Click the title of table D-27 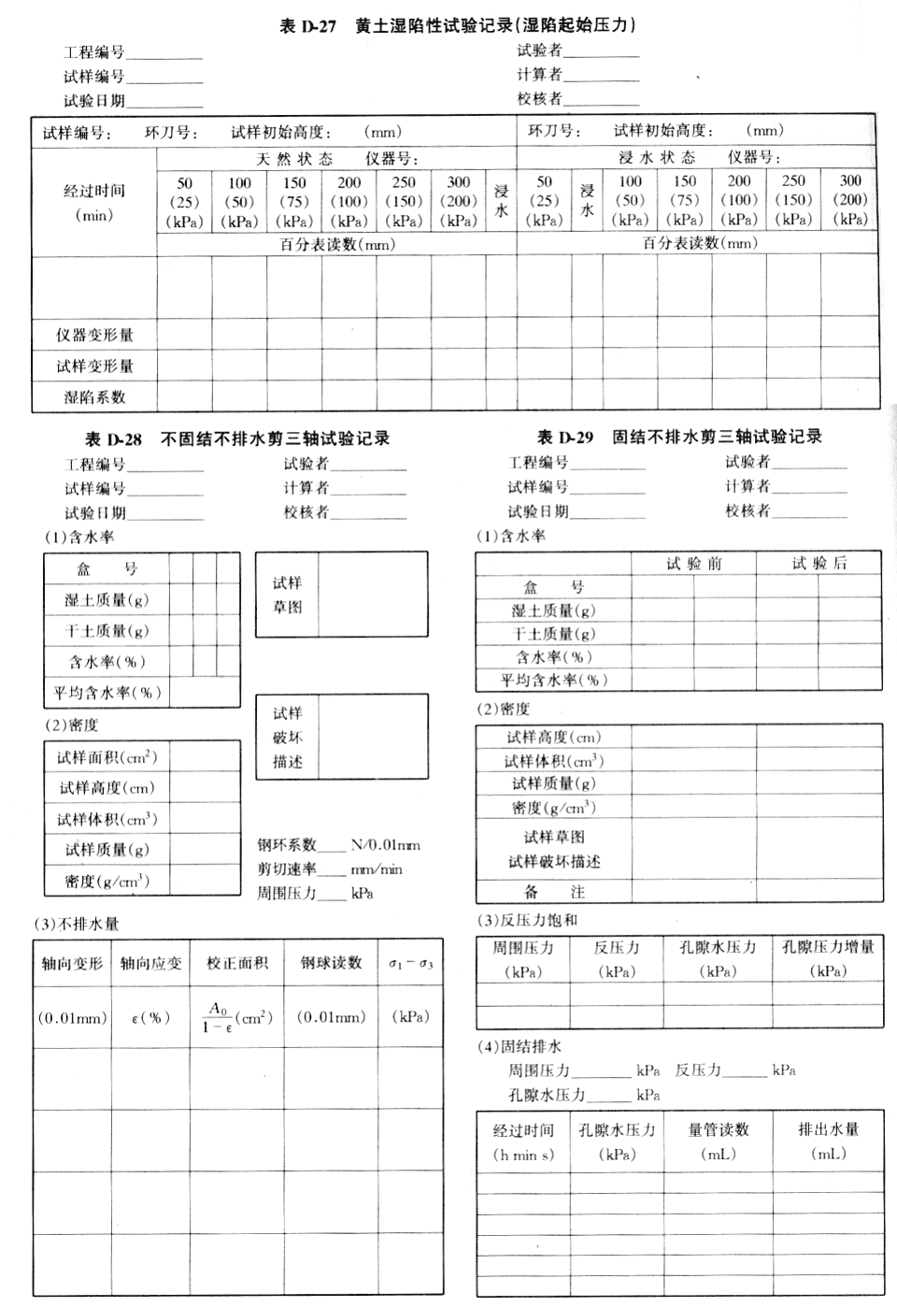(x=458, y=25)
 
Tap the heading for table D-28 (x=237, y=438)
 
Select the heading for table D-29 (x=679, y=437)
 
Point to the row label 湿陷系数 (x=94, y=396)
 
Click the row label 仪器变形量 (x=94, y=335)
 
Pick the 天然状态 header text (x=294, y=159)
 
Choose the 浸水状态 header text (x=657, y=157)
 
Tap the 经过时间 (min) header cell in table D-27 (x=94, y=202)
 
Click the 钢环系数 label (x=287, y=844)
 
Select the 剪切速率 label (x=287, y=869)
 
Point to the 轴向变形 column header (x=72, y=963)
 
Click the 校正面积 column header (x=237, y=963)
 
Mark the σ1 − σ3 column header (x=411, y=963)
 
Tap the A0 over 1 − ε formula (x=220, y=1017)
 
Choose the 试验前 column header (x=693, y=563)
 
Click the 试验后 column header (x=819, y=563)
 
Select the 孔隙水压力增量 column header (x=829, y=947)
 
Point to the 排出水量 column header (x=828, y=1129)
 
